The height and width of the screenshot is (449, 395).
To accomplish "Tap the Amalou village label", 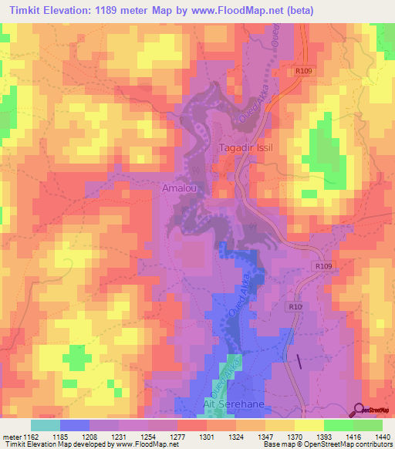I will click(x=178, y=188).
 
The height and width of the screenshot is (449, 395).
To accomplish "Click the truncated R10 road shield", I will click(x=294, y=306).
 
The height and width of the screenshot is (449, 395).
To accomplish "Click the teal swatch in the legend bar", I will click(x=46, y=424).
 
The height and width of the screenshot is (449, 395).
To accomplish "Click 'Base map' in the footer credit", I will click(x=280, y=444).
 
